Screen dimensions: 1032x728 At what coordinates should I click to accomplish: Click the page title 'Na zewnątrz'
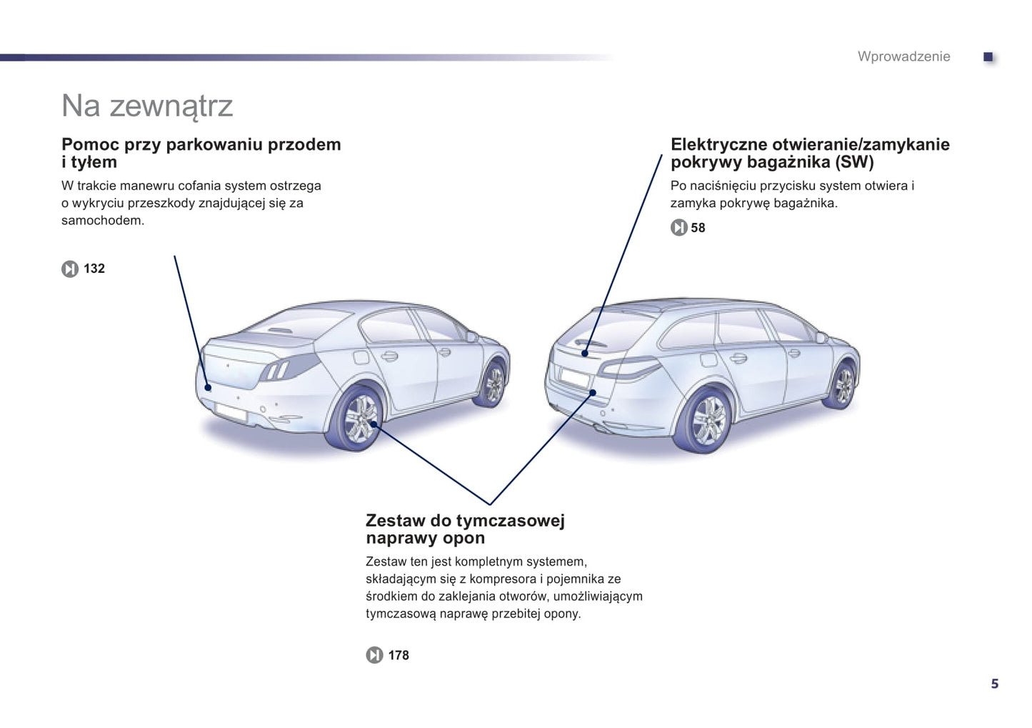(147, 106)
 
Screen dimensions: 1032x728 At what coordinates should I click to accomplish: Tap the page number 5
(995, 684)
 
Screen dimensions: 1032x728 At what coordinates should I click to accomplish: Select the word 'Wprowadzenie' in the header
(904, 56)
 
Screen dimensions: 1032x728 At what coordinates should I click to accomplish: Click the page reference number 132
(94, 269)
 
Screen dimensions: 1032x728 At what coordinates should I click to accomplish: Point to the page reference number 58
(698, 228)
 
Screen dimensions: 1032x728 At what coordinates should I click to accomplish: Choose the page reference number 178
(399, 655)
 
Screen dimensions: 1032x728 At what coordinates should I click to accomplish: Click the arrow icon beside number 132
(70, 269)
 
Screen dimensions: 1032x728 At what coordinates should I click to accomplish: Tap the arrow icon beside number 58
(679, 228)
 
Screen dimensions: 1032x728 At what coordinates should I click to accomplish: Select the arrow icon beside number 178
(374, 654)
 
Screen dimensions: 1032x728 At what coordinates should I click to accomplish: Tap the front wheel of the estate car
(843, 386)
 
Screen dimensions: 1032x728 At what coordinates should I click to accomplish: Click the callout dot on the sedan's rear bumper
(208, 387)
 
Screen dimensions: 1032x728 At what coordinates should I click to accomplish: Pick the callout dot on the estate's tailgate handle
(585, 354)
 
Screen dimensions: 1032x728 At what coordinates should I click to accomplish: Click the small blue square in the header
(988, 56)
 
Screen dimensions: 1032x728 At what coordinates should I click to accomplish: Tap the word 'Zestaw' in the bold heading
(395, 521)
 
